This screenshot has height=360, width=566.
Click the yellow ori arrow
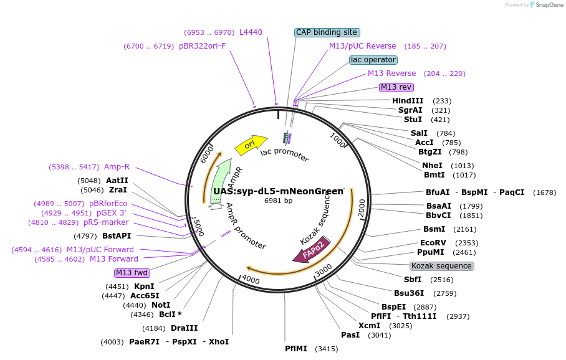[250, 145]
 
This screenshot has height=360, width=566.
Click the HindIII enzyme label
[408, 101]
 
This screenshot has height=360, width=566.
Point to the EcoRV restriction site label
[433, 243]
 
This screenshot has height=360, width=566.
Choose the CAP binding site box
[327, 32]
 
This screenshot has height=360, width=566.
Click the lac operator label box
[373, 60]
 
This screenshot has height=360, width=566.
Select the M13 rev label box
[396, 87]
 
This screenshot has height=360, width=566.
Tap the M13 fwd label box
[132, 273]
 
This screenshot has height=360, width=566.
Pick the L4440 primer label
[251, 32]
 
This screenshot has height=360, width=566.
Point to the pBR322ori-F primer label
[202, 46]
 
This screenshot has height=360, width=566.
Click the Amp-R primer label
[117, 167]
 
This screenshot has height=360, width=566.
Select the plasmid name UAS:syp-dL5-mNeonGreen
[278, 191]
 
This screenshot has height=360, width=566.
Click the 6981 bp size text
[278, 201]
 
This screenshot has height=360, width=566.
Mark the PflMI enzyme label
[296, 348]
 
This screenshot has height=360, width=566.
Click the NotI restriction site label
[161, 305]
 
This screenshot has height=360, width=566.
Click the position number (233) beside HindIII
[442, 101]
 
